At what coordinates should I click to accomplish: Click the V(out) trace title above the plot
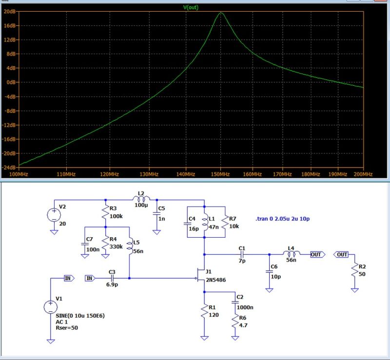[190, 7]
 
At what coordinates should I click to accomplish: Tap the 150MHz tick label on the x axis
[221, 174]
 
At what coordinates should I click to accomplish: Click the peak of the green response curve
[221, 13]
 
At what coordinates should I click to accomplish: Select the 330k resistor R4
[105, 242]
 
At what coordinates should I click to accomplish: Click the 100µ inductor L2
[141, 199]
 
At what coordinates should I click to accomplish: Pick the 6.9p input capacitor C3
[112, 278]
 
